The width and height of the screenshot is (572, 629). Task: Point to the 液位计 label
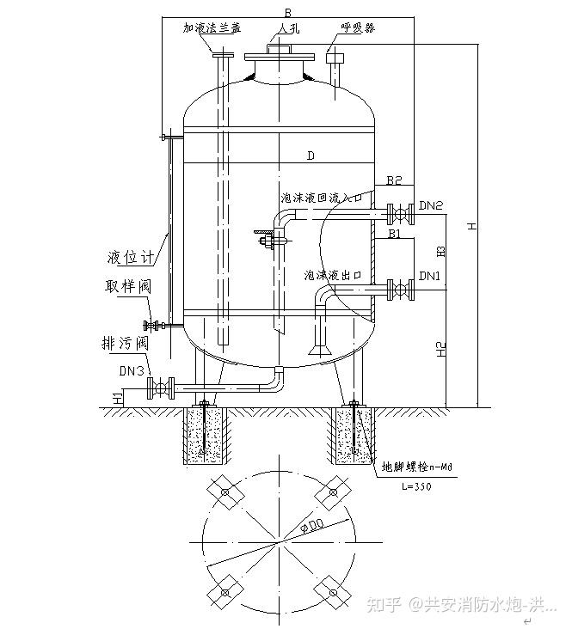(130, 256)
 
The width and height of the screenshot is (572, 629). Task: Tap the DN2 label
(431, 206)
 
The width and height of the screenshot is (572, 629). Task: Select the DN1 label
(429, 276)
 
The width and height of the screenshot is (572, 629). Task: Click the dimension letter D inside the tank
(311, 156)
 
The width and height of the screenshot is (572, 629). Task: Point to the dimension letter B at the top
(286, 10)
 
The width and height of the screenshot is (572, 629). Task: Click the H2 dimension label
(441, 348)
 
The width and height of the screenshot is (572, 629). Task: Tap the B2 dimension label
(394, 180)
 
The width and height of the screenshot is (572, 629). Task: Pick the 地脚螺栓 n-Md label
(416, 468)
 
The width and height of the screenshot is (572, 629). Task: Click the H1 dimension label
(117, 397)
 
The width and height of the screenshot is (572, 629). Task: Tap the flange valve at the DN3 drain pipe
(159, 388)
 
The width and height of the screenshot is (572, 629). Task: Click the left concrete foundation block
(205, 437)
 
